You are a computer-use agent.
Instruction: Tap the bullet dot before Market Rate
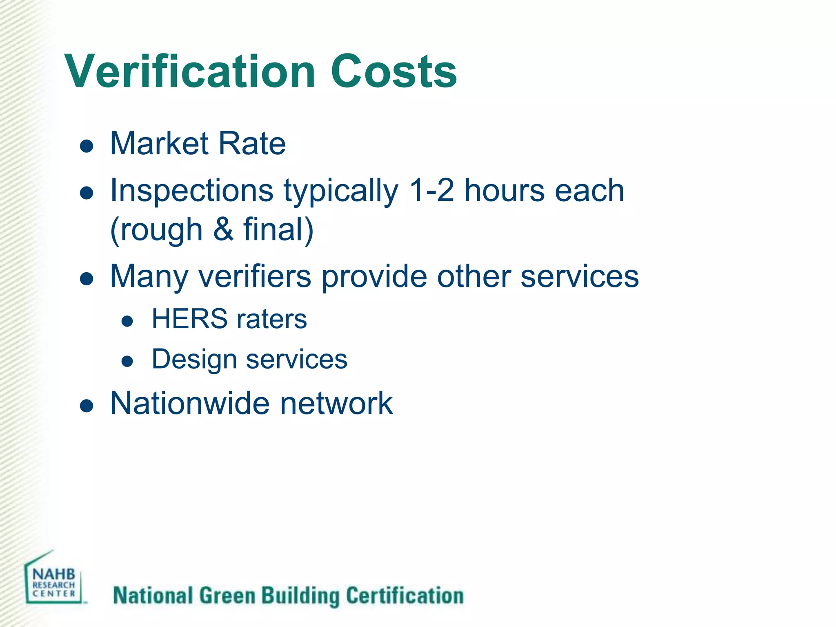point(87,146)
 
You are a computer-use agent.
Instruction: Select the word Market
point(159,144)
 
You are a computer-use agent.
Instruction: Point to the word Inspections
point(192,191)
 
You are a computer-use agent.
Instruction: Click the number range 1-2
point(431,191)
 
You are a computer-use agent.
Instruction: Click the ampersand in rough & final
point(223,229)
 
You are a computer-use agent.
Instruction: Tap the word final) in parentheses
point(279,229)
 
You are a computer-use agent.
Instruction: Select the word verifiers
point(255,276)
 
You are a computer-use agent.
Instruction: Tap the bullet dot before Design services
point(127,361)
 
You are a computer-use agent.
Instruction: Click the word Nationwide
point(190,403)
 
